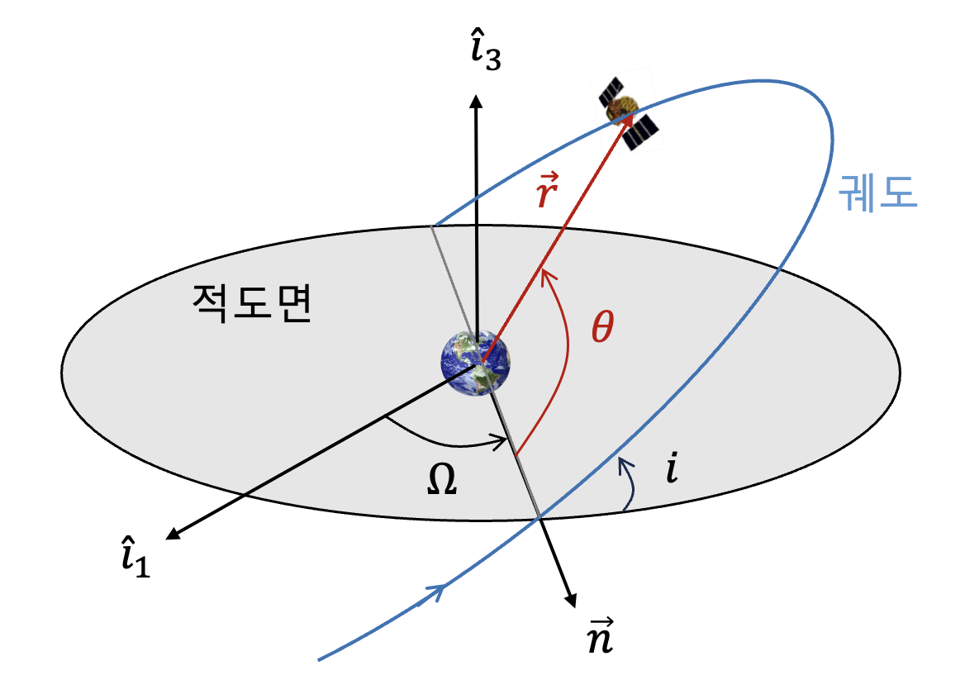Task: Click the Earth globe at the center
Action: pyautogui.click(x=475, y=363)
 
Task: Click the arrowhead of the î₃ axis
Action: pyautogui.click(x=475, y=100)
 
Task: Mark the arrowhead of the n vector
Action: pyautogui.click(x=569, y=601)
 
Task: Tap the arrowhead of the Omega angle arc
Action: pyautogui.click(x=500, y=444)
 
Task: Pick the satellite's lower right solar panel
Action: pyautogui.click(x=642, y=132)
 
